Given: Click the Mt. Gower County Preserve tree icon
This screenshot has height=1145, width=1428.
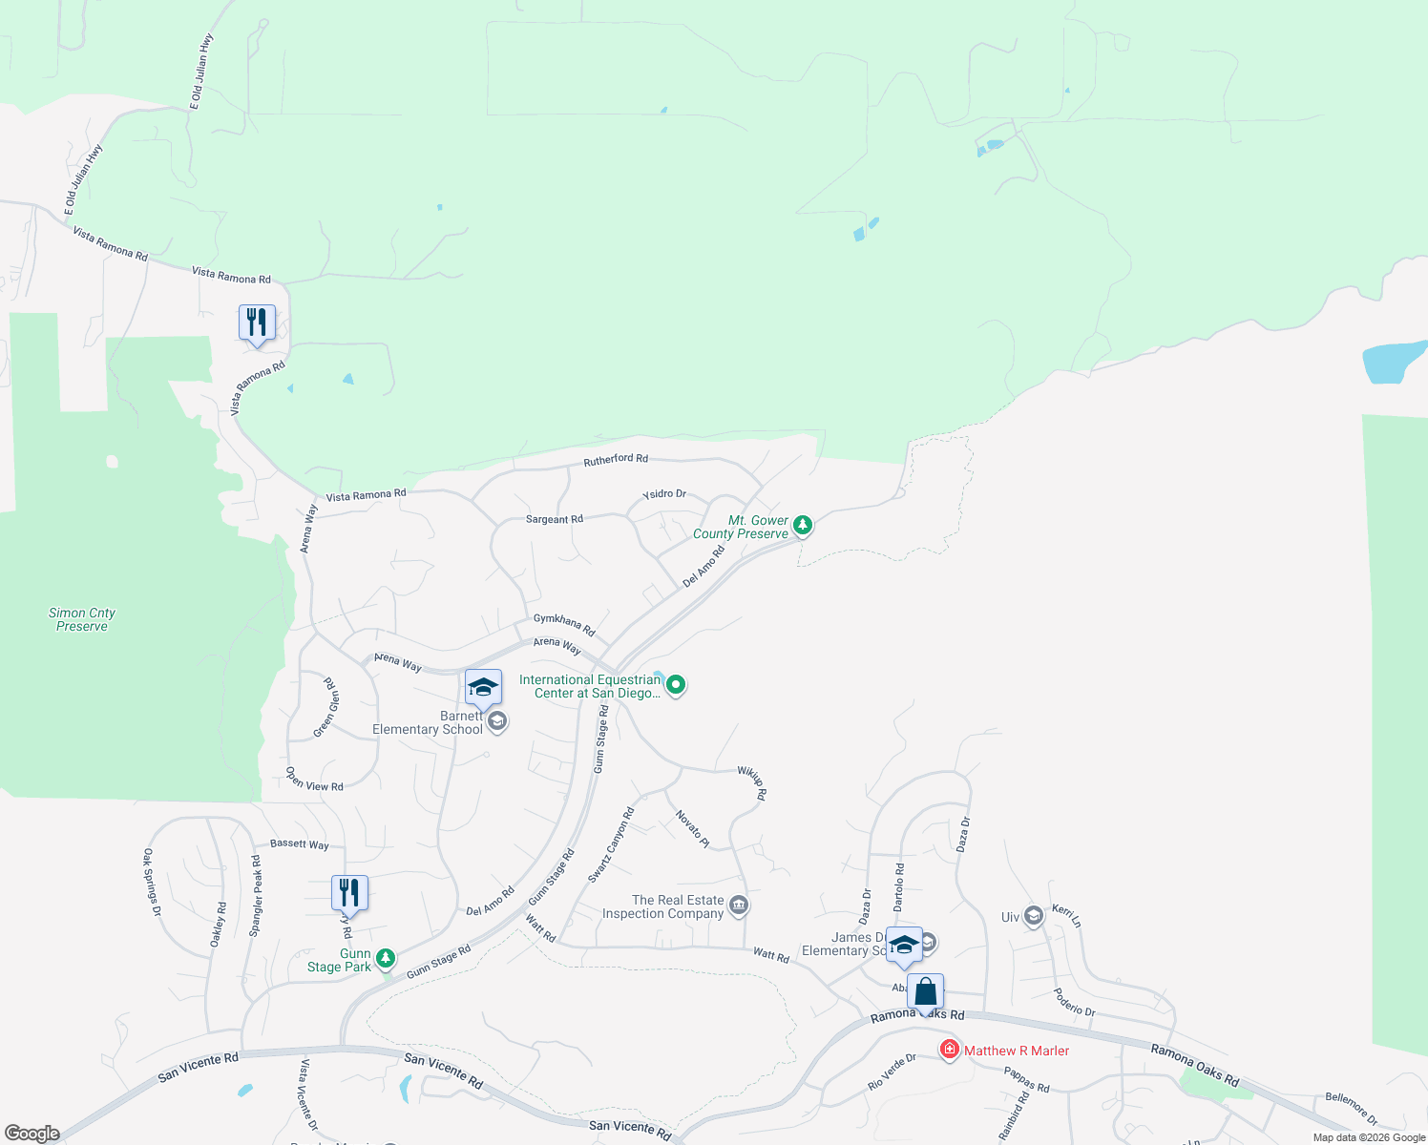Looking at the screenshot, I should (803, 524).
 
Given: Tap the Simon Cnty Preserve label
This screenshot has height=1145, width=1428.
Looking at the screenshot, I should (82, 619).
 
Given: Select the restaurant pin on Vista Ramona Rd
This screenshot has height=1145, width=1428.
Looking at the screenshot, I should (257, 323).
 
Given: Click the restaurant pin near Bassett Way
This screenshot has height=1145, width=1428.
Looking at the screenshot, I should (349, 893).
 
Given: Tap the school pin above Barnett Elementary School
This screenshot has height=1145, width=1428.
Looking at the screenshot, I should (483, 687).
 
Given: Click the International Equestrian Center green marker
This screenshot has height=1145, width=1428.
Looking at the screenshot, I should (676, 684).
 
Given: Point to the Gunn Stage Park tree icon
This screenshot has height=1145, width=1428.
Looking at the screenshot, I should (385, 957).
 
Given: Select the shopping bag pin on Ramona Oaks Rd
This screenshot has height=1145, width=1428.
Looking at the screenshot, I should (926, 991).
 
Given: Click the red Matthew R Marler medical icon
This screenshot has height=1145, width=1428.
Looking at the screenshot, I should (949, 1050).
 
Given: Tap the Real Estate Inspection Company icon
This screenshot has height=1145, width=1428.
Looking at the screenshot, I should (739, 905).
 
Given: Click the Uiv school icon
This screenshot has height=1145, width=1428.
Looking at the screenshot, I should (1033, 916).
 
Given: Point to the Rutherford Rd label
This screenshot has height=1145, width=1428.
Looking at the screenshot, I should (616, 460).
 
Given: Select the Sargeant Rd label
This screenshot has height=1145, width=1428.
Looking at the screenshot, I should (554, 519).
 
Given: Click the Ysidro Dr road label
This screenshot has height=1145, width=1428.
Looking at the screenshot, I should (664, 494).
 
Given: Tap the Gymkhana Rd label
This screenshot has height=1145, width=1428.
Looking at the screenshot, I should (564, 625).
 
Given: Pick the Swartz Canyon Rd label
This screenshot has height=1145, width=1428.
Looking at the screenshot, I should (611, 845).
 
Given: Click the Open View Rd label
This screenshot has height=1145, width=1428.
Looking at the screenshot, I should (314, 781).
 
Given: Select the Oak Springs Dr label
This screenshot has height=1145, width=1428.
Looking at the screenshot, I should (151, 883).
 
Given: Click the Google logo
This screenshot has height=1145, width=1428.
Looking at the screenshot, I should (31, 1133).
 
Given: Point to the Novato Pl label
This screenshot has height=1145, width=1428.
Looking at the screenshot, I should (692, 828).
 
